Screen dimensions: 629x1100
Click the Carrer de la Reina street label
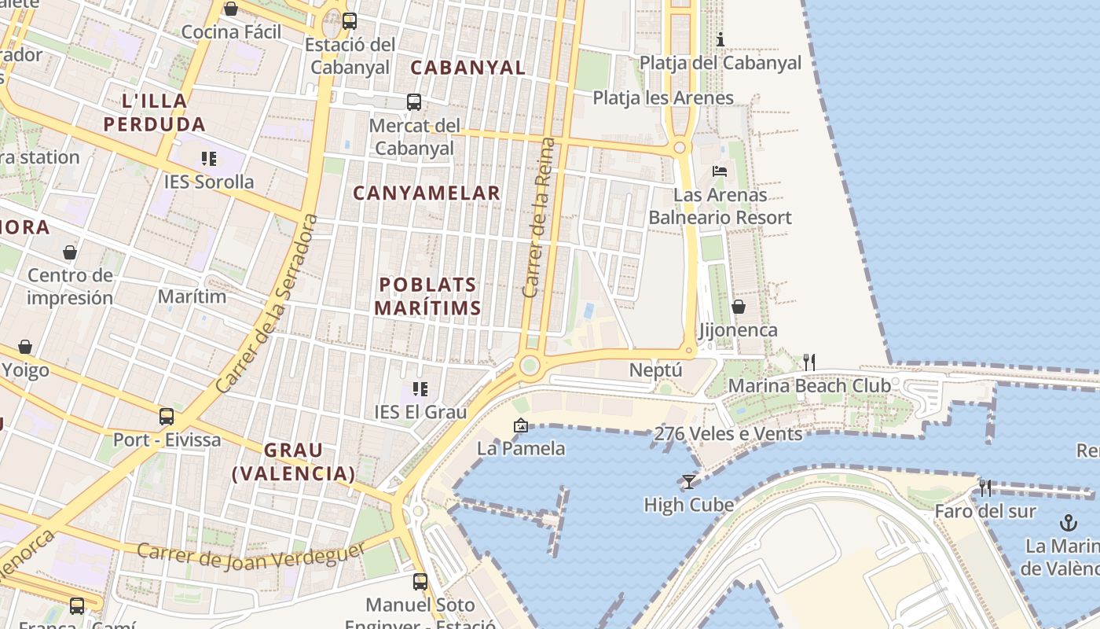click(x=538, y=218)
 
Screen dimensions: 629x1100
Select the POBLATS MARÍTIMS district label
click(x=427, y=296)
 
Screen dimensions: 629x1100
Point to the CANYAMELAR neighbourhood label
click(x=427, y=193)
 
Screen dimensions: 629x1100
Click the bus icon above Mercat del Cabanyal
click(x=413, y=102)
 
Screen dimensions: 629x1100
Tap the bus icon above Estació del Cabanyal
click(x=350, y=21)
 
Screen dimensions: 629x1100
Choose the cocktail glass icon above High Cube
click(x=689, y=481)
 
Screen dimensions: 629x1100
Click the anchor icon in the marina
click(x=1068, y=522)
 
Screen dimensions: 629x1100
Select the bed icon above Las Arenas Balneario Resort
click(x=720, y=171)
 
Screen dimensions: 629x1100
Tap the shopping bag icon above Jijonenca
click(x=739, y=307)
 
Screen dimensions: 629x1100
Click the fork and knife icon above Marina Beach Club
click(x=809, y=362)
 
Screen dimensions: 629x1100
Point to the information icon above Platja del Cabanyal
click(x=720, y=39)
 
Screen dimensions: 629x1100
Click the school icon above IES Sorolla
click(x=209, y=159)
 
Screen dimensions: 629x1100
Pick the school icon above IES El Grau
click(x=420, y=388)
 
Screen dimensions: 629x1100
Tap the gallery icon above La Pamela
click(x=520, y=425)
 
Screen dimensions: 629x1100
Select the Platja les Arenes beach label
click(x=663, y=98)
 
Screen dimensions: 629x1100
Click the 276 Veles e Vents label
click(x=728, y=433)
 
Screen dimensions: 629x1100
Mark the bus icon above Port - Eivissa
click(x=167, y=417)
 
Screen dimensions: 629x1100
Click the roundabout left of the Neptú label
click(x=530, y=365)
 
